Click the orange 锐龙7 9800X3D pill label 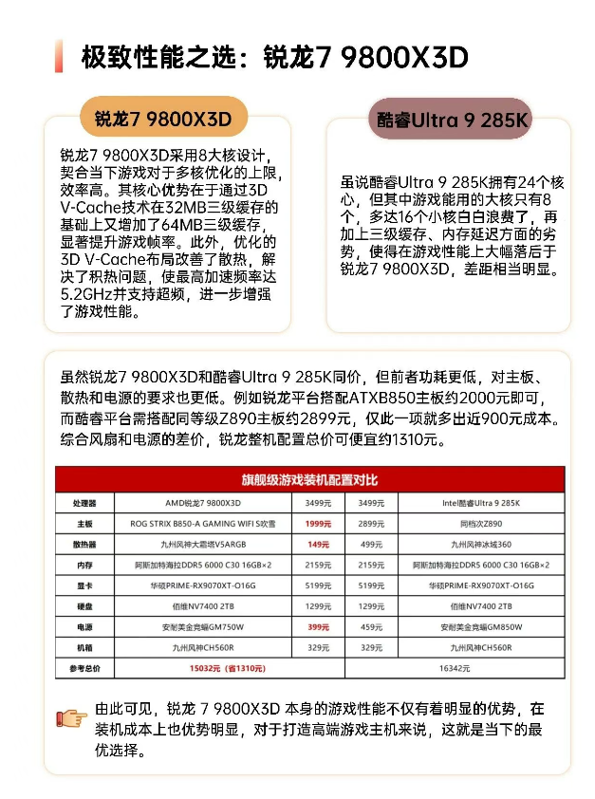pyautogui.click(x=163, y=119)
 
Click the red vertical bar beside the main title pyautogui.click(x=59, y=57)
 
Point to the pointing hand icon pyautogui.click(x=72, y=717)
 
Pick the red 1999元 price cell pyautogui.click(x=318, y=523)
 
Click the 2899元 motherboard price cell pyautogui.click(x=372, y=523)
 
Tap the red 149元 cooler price pyautogui.click(x=318, y=544)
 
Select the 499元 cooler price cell pyautogui.click(x=372, y=544)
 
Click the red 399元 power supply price pyautogui.click(x=318, y=627)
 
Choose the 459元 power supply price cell pyautogui.click(x=372, y=627)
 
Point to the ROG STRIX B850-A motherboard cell pyautogui.click(x=203, y=523)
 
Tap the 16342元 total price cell pyautogui.click(x=455, y=668)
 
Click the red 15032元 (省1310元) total pyautogui.click(x=226, y=668)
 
